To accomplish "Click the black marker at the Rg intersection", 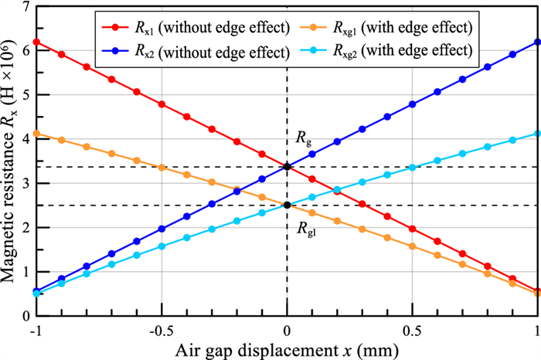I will click(288, 166).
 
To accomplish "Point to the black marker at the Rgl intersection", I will click(288, 205).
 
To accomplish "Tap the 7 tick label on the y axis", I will click(26, 7).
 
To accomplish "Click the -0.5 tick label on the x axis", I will click(160, 328).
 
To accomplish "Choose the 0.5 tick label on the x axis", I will click(413, 328).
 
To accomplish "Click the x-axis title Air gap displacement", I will click(287, 348).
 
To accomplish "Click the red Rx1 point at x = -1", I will click(36, 42).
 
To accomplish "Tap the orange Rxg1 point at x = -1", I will click(36, 134).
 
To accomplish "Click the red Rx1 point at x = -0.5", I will click(162, 104).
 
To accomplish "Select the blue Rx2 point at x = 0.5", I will click(413, 104).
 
